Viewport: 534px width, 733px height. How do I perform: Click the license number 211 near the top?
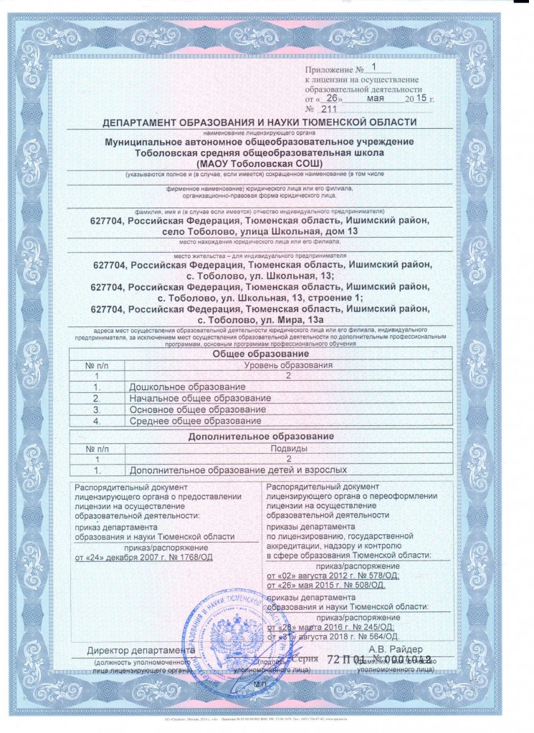329,110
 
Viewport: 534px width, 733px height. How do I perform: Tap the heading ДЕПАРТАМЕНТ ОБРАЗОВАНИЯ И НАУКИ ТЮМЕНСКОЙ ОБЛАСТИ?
259,122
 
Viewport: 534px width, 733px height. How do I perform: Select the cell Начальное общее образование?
194,398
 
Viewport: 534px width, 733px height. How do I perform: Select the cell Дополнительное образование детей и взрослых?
238,470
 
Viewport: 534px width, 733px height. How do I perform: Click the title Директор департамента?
140,651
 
